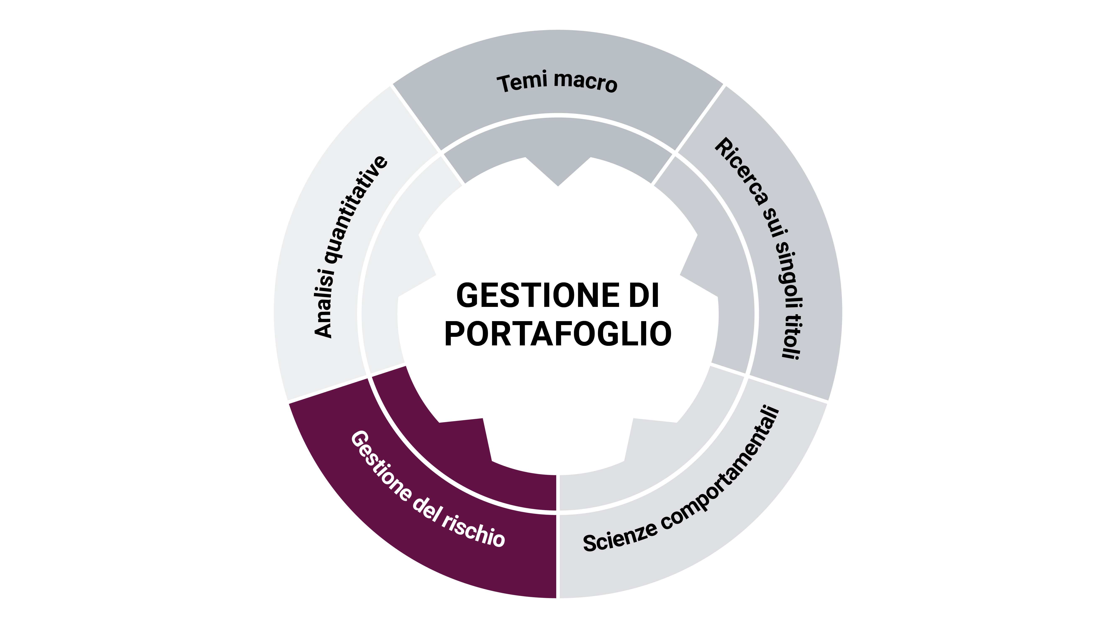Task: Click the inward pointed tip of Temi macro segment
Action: pyautogui.click(x=558, y=185)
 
